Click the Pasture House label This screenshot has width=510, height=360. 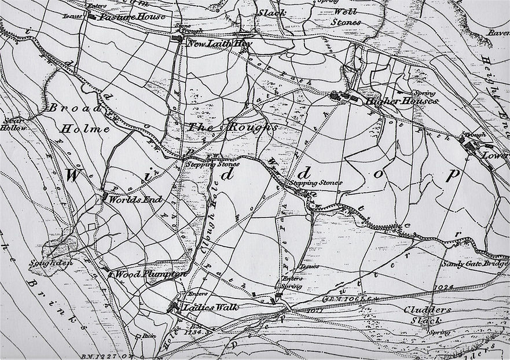(133, 16)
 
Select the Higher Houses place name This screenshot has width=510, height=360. (401, 101)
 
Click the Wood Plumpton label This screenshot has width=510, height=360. (149, 274)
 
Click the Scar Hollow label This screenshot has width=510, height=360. (14, 124)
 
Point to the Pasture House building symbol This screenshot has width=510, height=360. (92, 16)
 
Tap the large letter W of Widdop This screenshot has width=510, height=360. (77, 177)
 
